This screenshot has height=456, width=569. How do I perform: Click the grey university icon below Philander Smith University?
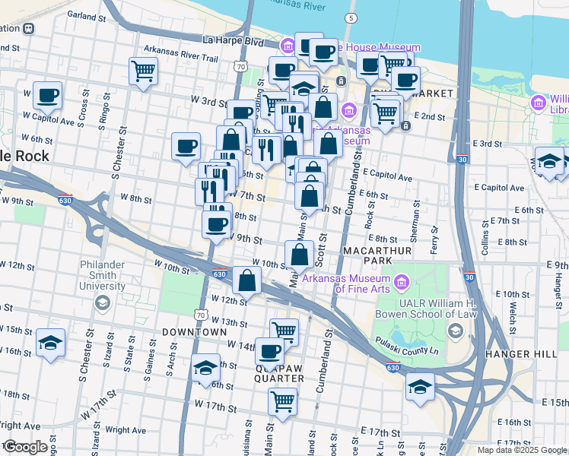click(101, 303)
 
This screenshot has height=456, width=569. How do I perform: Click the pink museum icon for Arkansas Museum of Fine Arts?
click(401, 283)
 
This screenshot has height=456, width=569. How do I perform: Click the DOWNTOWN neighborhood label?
click(194, 332)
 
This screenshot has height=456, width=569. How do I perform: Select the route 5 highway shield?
click(350, 17)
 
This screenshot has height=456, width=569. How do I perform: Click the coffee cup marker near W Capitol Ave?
click(48, 96)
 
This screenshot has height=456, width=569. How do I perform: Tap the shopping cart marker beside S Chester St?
click(143, 71)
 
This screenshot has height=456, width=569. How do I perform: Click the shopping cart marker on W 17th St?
click(282, 400)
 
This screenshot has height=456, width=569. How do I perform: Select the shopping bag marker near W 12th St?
click(247, 281)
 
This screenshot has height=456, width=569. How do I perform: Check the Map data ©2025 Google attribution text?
click(521, 450)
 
